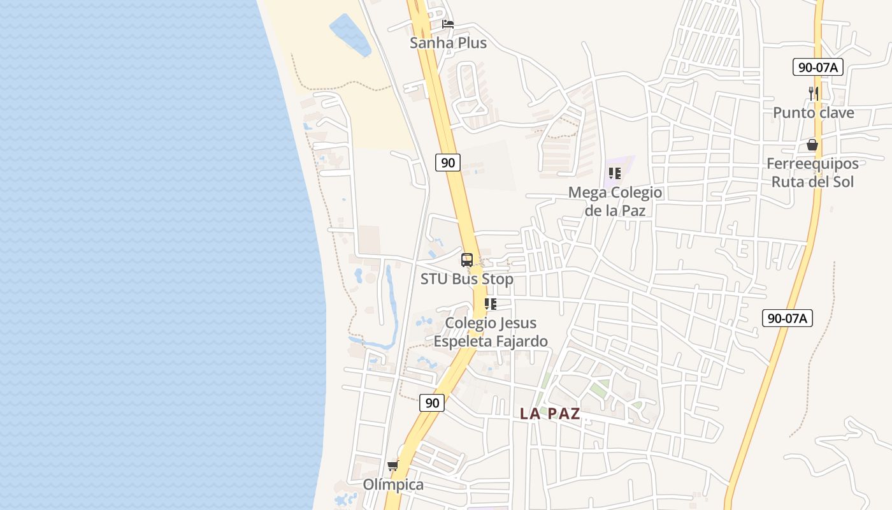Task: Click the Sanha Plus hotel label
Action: coord(448,43)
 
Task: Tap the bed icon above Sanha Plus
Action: coord(448,24)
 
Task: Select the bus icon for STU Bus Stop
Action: coord(467,259)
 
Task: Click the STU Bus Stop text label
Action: coord(467,279)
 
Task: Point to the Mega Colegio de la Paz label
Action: coord(615,201)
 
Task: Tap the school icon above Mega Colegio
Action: coord(615,173)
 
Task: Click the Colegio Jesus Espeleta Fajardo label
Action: coord(491,331)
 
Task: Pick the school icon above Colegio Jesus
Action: coord(490,304)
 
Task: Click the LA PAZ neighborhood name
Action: coord(550,414)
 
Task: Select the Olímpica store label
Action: coord(393,484)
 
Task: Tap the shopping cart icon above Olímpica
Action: coord(393,465)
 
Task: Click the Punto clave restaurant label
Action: coord(813,113)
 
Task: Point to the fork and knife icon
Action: coord(813,93)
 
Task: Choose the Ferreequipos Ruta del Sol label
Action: coord(812,172)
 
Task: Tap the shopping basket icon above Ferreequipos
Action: coord(812,145)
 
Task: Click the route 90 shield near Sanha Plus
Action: coord(448,162)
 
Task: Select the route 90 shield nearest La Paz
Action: coord(432,402)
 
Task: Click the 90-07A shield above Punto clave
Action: coord(818,66)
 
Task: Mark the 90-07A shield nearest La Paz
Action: coord(788,317)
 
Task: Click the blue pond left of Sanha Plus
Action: coord(349,35)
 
